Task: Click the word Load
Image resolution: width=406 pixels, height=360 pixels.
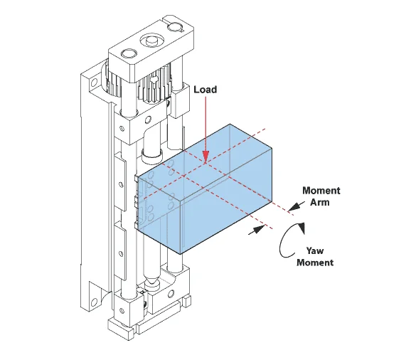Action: pyautogui.click(x=205, y=90)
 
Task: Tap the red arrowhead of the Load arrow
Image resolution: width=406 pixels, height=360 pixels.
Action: pyautogui.click(x=206, y=157)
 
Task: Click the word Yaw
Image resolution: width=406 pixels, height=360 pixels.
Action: pyautogui.click(x=315, y=250)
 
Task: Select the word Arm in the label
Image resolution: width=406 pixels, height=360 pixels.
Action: pyautogui.click(x=320, y=202)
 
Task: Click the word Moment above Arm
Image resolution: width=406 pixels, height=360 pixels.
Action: pyautogui.click(x=321, y=191)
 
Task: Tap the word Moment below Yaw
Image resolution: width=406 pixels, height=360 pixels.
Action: pyautogui.click(x=315, y=263)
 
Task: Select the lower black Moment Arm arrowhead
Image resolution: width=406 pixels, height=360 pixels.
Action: pyautogui.click(x=258, y=230)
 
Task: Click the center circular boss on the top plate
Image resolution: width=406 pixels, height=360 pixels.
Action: pyautogui.click(x=151, y=41)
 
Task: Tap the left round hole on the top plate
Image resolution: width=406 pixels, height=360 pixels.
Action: pyautogui.click(x=129, y=54)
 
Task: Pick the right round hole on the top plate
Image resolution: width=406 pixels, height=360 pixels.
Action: pyautogui.click(x=176, y=26)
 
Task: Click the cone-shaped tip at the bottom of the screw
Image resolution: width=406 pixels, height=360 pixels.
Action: pyautogui.click(x=151, y=281)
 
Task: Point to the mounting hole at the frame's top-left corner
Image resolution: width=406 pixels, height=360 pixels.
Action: pyautogui.click(x=93, y=83)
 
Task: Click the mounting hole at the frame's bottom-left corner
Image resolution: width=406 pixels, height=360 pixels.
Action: pyautogui.click(x=95, y=302)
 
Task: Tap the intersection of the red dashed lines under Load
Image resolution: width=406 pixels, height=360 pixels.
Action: pyautogui.click(x=206, y=163)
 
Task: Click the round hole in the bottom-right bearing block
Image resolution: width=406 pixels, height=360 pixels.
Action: pyautogui.click(x=171, y=294)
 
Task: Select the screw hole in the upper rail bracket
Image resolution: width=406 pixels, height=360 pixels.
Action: pyautogui.click(x=121, y=184)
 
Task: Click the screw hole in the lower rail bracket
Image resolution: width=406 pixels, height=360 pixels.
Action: pyautogui.click(x=121, y=253)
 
